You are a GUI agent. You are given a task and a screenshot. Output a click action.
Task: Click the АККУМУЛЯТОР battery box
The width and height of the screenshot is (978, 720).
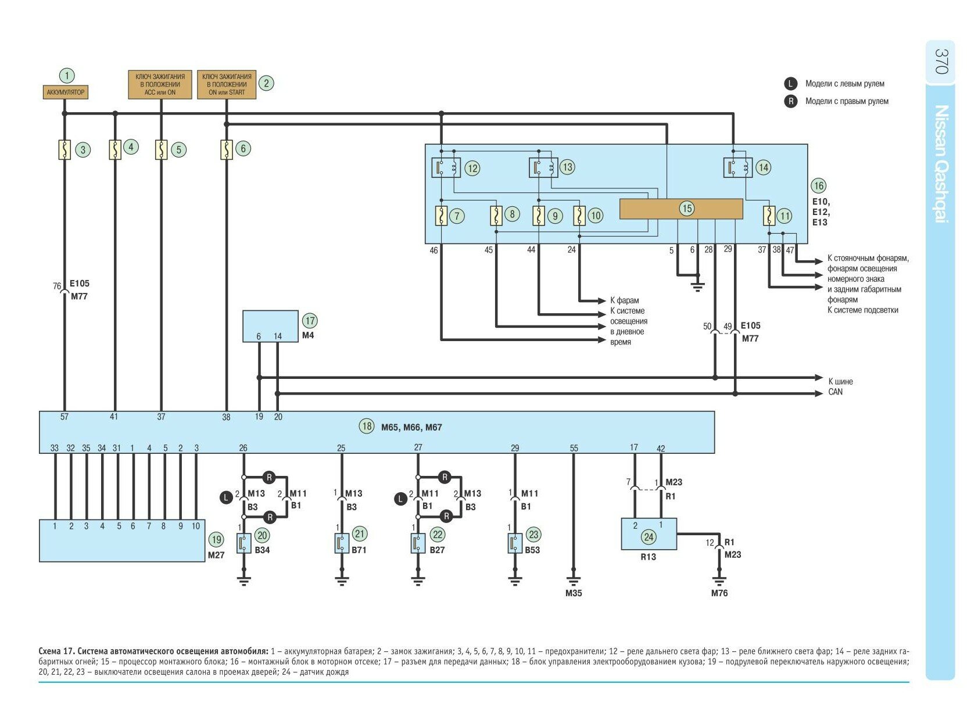[66, 92]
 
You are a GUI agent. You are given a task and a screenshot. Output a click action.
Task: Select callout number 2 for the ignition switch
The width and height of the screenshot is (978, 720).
[266, 83]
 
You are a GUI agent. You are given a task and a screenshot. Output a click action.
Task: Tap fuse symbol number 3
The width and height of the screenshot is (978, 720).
[65, 150]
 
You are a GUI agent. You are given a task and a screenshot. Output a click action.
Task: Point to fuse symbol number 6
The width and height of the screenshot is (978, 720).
[227, 149]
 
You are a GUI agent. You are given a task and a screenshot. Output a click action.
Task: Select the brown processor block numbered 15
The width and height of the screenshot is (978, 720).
[681, 209]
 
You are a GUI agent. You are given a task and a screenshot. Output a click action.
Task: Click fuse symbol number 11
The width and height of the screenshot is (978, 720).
[769, 216]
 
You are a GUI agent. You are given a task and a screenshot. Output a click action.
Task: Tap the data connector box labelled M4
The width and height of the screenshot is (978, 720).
[270, 326]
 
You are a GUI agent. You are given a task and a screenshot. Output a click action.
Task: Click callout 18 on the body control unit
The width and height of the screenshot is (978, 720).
[367, 426]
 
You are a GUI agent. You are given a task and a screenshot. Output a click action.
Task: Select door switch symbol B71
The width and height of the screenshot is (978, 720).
[342, 543]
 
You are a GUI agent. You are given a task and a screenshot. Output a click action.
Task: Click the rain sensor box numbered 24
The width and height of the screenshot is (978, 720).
[649, 534]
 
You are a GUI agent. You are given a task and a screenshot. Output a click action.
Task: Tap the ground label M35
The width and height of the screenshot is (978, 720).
[574, 593]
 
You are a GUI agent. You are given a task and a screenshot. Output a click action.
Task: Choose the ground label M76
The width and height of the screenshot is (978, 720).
[719, 593]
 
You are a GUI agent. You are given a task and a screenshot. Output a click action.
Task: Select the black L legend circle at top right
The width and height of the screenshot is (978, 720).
[791, 84]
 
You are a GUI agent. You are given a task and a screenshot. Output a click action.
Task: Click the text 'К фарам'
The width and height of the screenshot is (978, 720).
[625, 300]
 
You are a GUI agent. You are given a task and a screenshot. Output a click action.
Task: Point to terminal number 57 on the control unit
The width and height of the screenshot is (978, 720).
[65, 417]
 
